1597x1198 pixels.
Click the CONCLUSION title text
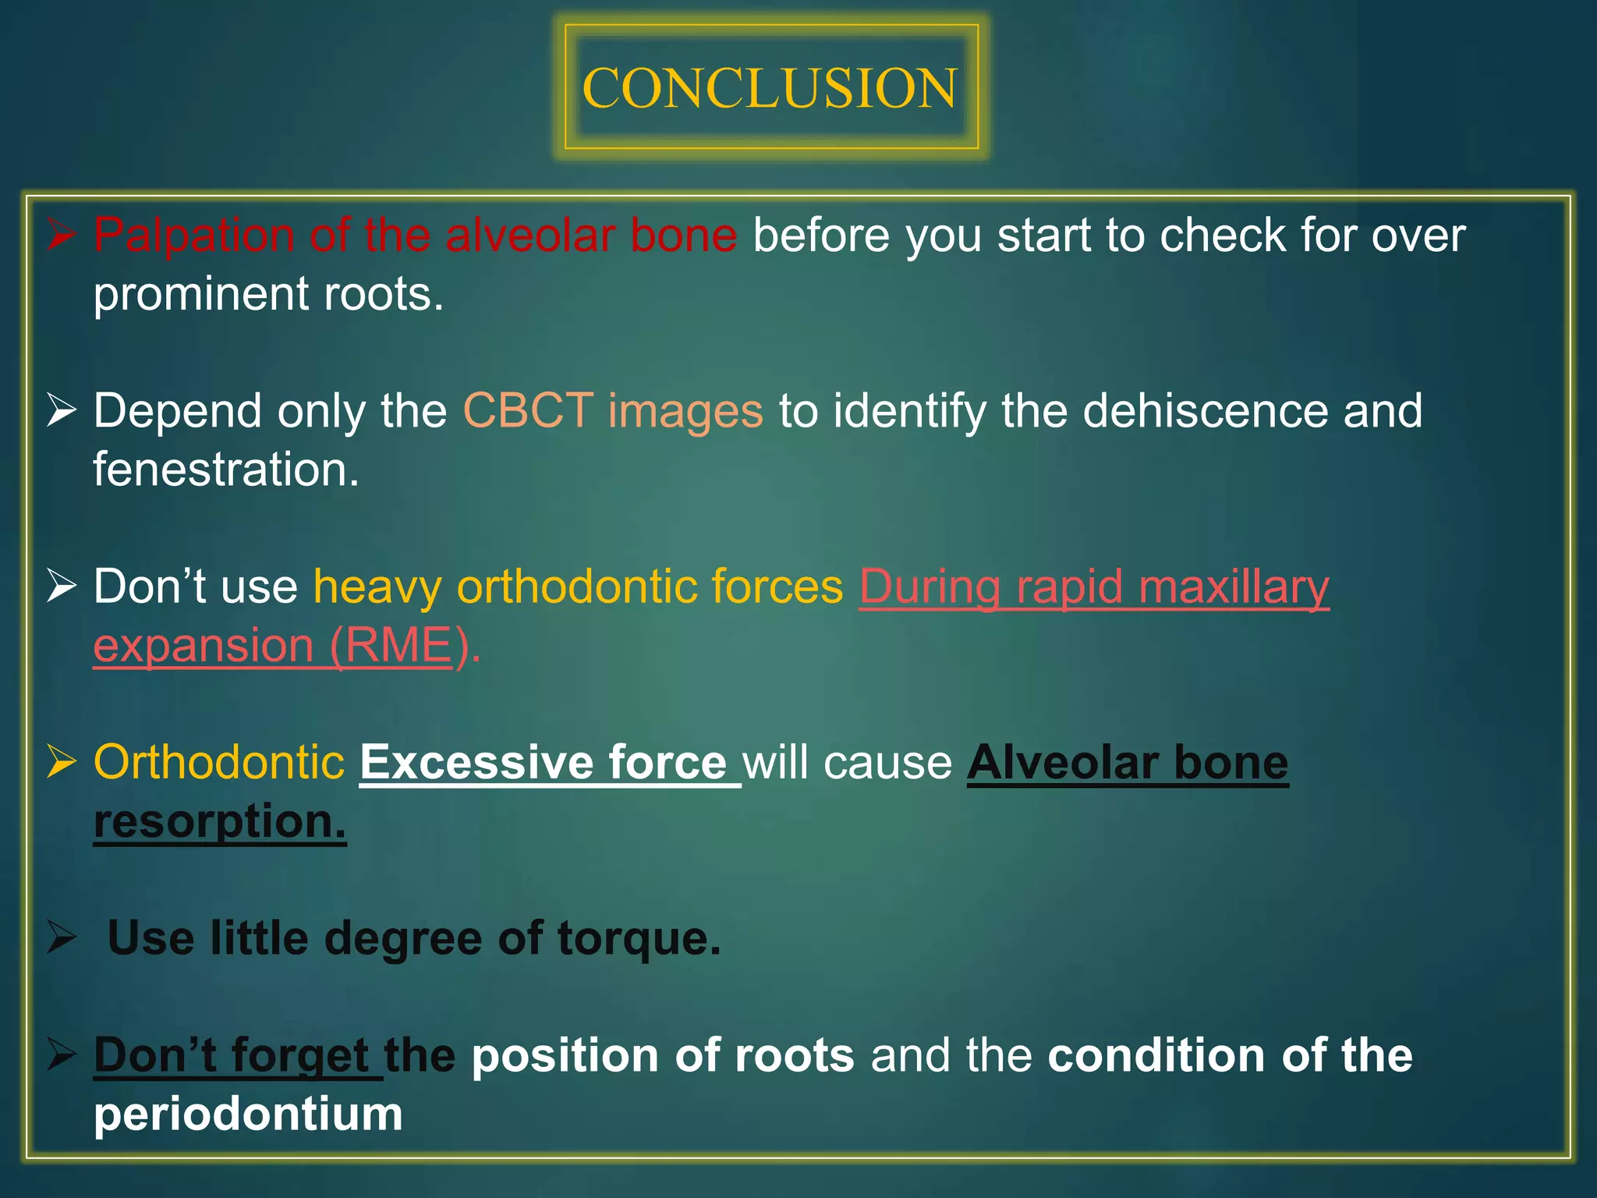coord(770,88)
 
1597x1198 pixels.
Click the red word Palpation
coord(193,235)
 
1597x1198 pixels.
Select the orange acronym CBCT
coord(528,410)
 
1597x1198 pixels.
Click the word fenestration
coord(225,470)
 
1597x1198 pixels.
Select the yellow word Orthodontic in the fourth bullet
coord(219,762)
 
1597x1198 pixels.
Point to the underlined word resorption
coord(219,821)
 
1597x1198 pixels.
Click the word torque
coord(639,937)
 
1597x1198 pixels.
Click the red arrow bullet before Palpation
coord(62,235)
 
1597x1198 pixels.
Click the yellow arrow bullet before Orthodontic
coord(62,762)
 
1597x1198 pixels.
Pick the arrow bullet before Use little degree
coord(62,937)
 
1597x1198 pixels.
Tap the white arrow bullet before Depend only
coord(62,410)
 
